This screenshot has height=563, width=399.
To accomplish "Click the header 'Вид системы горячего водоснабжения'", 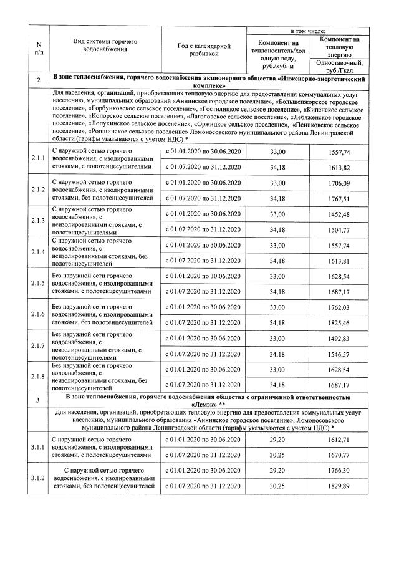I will coord(105,44).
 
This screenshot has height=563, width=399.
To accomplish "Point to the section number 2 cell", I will coord(39,80).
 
